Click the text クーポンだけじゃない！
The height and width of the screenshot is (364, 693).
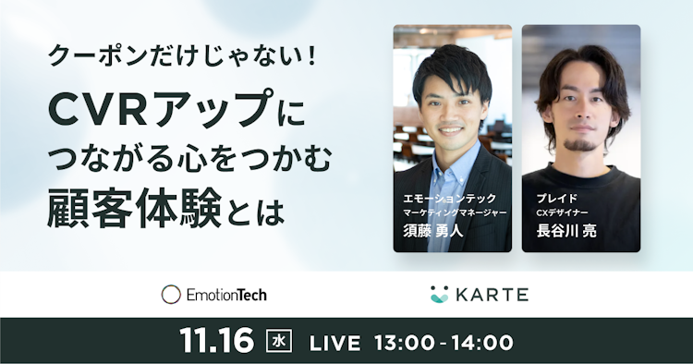[184, 56]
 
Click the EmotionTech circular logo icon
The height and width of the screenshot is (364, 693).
[171, 295]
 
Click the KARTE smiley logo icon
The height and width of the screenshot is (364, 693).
[439, 295]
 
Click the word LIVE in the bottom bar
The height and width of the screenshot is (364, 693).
[334, 342]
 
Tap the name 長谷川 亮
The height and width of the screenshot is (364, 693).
[565, 231]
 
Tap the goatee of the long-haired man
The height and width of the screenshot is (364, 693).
[581, 143]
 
